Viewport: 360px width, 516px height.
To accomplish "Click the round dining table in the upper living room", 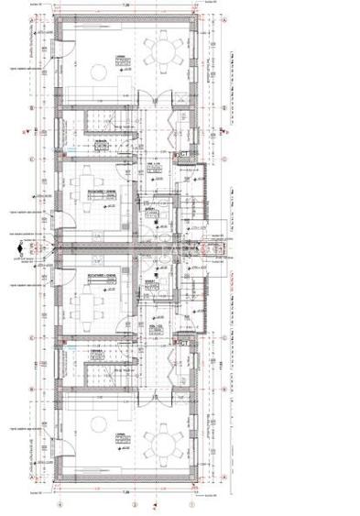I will [164, 51].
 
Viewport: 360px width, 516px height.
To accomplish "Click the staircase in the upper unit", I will [95, 119].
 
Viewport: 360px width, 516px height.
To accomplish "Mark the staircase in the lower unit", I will [95, 374].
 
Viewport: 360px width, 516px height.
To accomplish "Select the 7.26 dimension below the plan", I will [127, 492].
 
